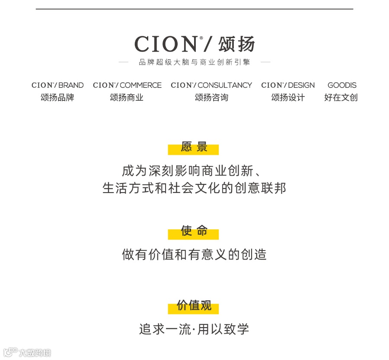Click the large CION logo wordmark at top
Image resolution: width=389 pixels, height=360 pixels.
166,44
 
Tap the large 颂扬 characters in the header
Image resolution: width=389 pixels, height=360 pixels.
236,44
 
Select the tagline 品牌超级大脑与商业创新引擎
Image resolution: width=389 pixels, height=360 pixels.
194,62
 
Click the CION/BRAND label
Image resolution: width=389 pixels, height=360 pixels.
57,85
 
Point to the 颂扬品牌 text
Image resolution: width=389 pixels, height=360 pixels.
57,98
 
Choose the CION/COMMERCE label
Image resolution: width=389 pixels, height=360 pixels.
127,85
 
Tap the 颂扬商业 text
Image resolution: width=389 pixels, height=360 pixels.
127,98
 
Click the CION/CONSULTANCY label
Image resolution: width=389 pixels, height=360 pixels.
211,85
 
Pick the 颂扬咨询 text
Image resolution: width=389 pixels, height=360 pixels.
211,98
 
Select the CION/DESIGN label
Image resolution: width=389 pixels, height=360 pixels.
288,85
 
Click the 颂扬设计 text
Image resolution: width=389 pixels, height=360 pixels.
288,98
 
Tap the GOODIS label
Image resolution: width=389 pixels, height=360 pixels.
342,85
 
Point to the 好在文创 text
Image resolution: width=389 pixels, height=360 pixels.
341,98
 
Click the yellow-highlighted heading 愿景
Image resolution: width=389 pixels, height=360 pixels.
194,148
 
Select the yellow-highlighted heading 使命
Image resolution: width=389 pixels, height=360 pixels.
194,231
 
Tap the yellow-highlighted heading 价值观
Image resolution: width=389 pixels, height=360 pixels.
194,306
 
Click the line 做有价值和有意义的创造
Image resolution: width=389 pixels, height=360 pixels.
194,254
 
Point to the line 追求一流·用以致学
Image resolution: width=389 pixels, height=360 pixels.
194,329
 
